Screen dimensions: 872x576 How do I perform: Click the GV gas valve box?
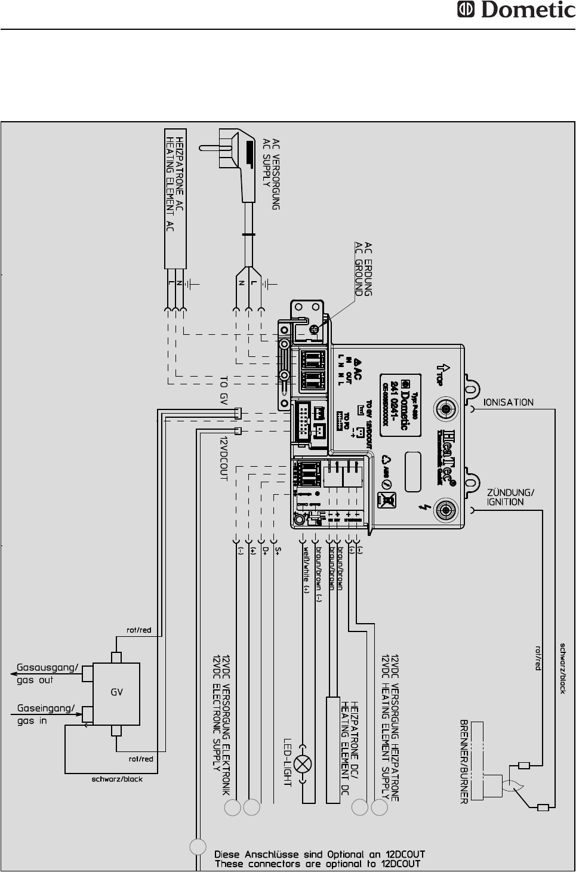117,693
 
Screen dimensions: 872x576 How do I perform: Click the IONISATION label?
508,402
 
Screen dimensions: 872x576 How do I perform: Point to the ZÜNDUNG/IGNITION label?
510,497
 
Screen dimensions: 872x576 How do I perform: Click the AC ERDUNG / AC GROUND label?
364,269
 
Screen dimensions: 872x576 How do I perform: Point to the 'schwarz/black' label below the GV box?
117,779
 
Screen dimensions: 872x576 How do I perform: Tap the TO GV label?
224,390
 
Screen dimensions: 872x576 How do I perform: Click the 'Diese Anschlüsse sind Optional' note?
319,859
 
